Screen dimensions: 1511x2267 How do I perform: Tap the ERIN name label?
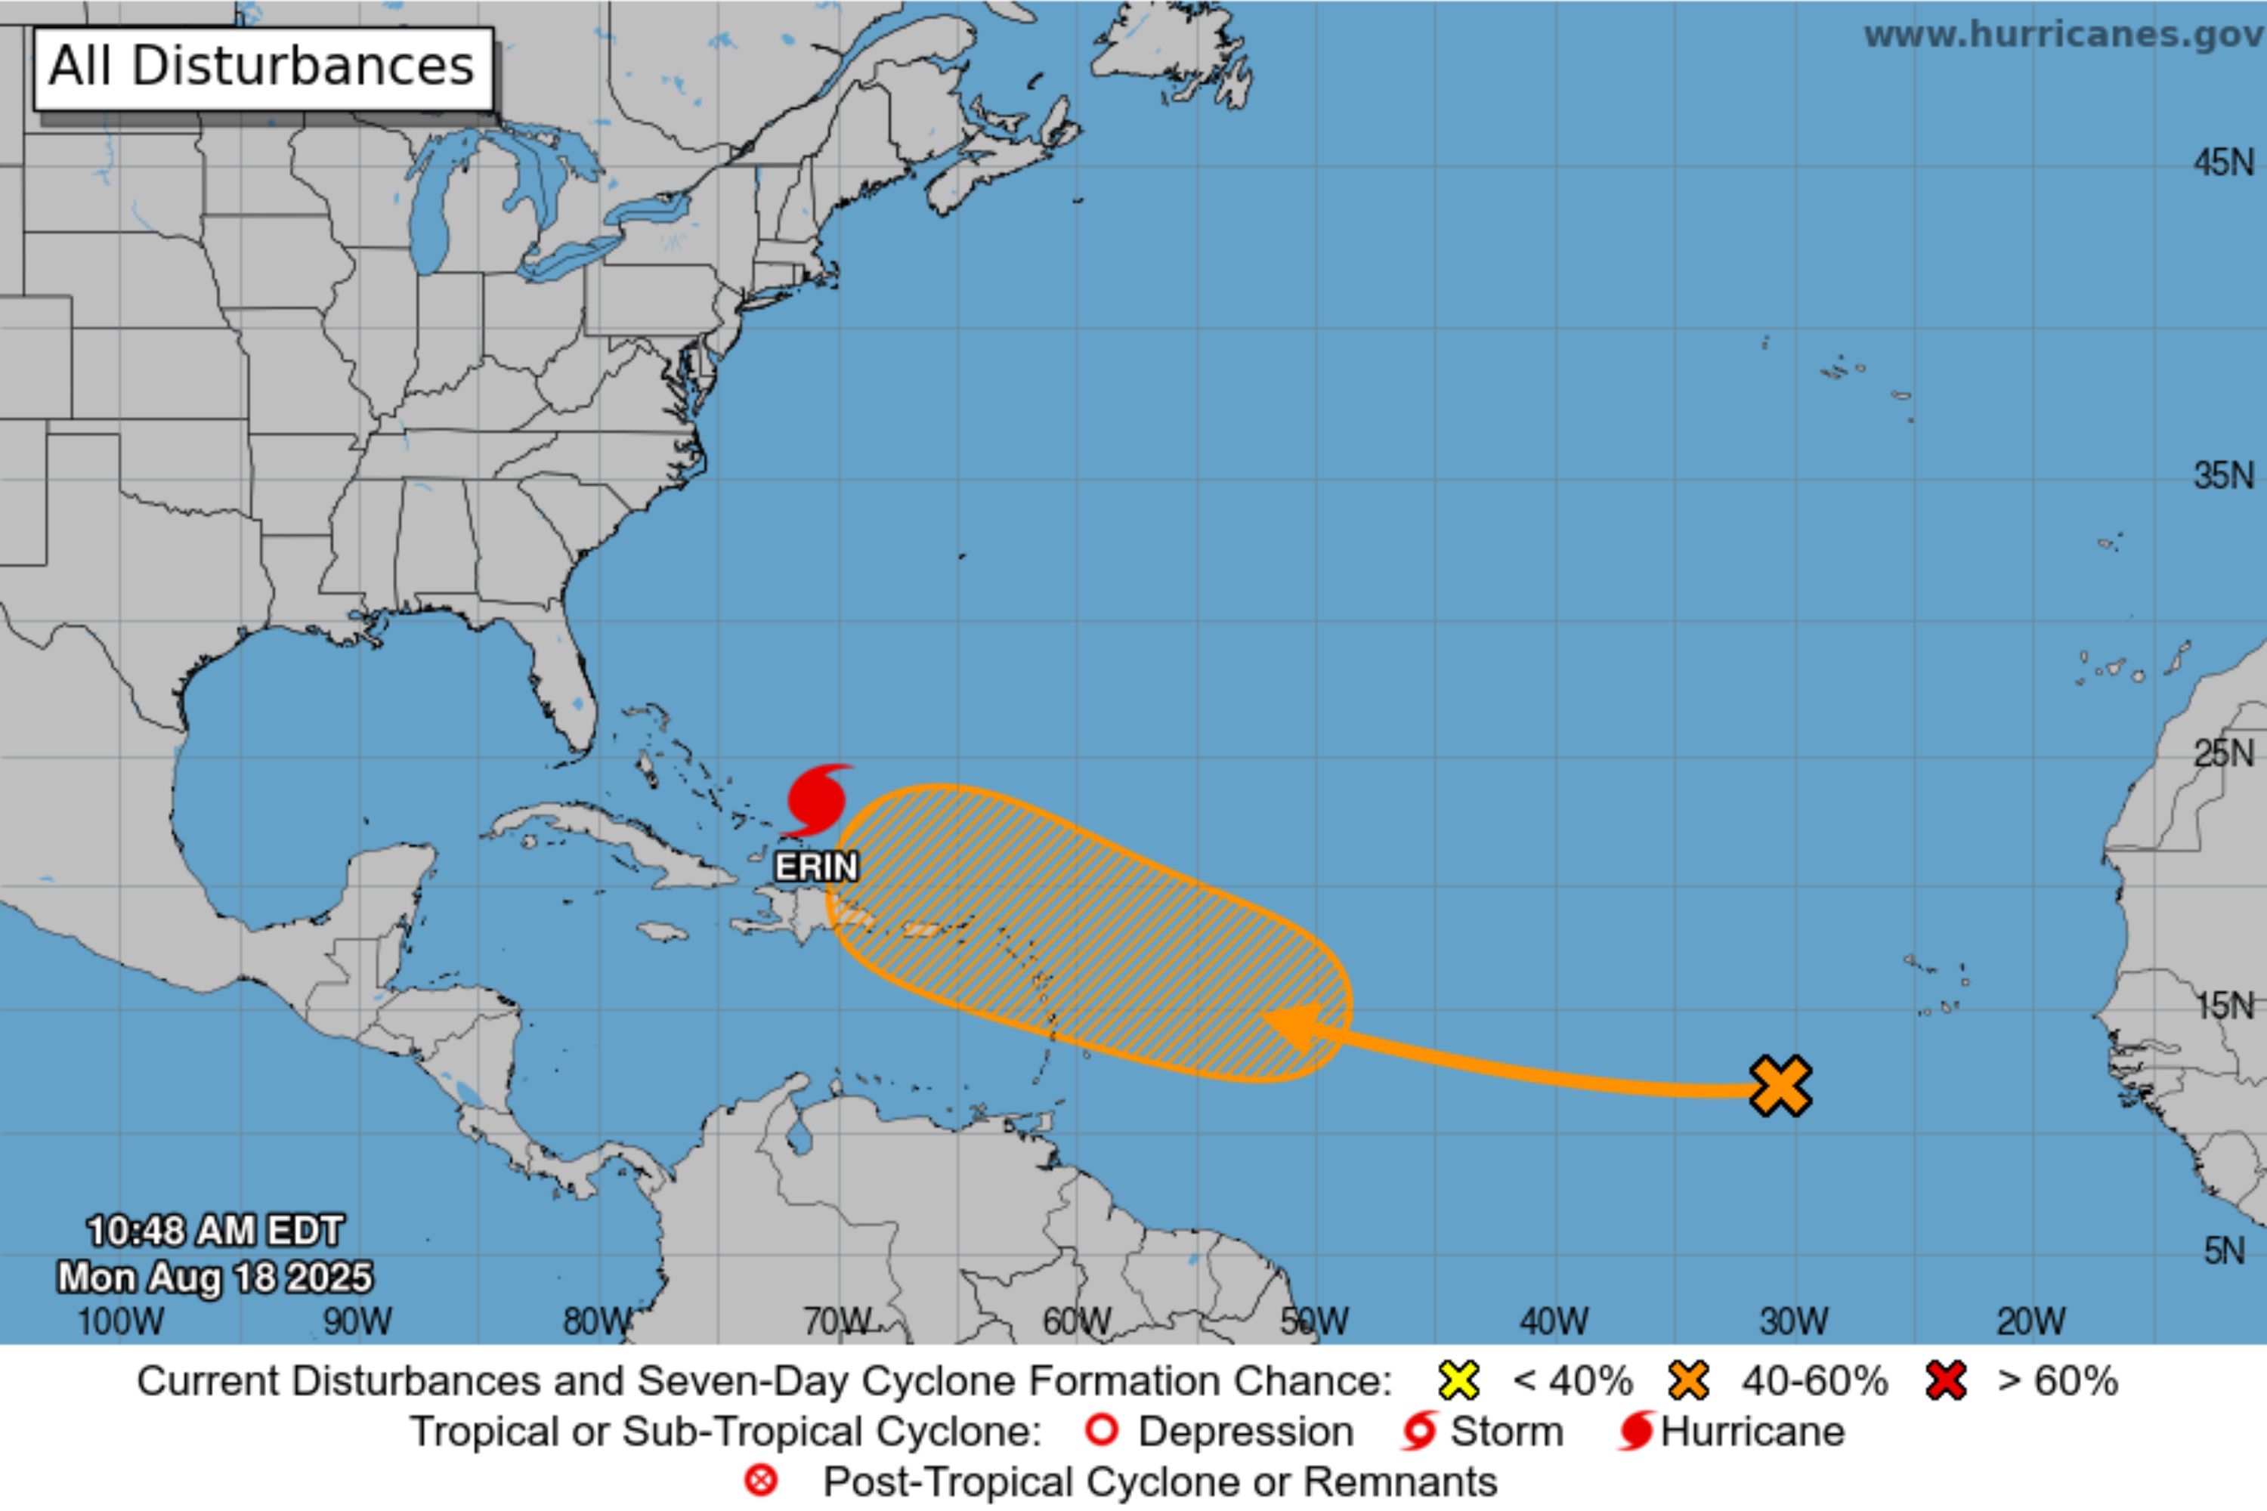click(x=816, y=867)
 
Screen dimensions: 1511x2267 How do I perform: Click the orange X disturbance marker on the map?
click(x=1780, y=1086)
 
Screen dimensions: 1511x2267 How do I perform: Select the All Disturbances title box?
click(x=263, y=67)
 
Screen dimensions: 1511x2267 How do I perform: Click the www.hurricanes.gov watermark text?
click(x=2064, y=35)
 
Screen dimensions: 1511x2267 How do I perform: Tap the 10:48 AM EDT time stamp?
click(x=215, y=1231)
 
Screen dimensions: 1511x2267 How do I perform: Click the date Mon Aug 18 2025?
click(x=215, y=1277)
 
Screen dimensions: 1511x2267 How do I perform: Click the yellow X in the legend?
click(x=1458, y=1381)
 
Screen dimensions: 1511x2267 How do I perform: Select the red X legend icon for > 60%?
click(x=1946, y=1381)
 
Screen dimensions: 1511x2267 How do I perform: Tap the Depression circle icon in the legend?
click(x=1102, y=1431)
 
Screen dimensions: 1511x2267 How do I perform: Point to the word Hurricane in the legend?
click(x=1752, y=1432)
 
